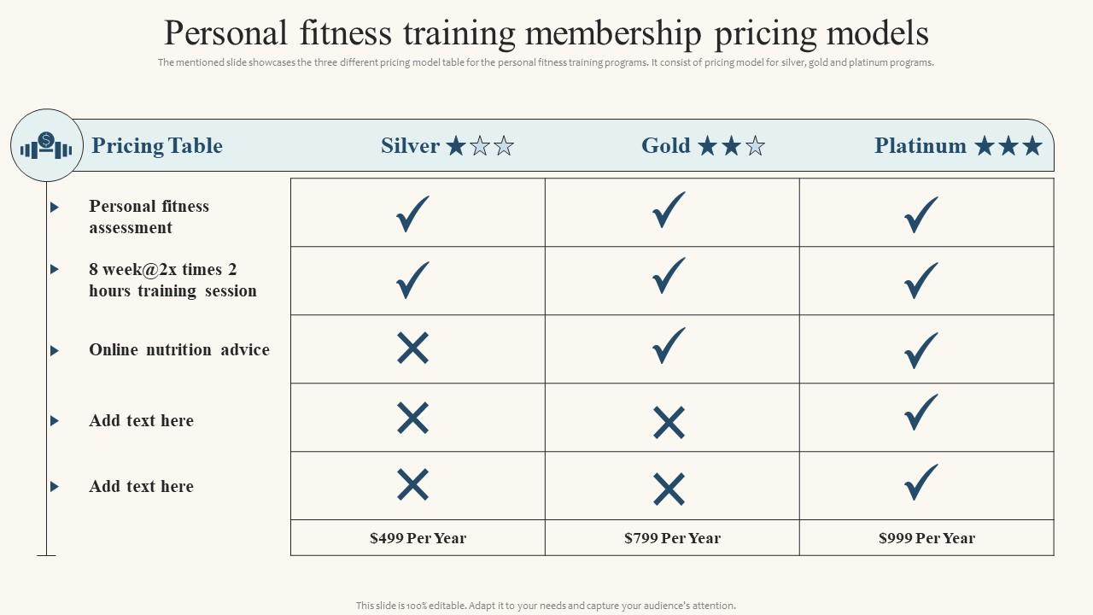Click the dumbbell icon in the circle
tap(47, 146)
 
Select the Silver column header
tap(410, 146)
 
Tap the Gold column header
tap(666, 146)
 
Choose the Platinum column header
tap(921, 146)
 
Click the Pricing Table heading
tap(157, 146)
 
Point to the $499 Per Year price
tap(418, 538)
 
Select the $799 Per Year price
tap(672, 538)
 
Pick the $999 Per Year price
tap(926, 538)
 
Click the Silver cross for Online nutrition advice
tap(412, 348)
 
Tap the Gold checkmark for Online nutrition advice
tap(669, 346)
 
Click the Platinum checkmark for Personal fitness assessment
tap(921, 214)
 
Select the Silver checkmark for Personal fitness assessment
tap(412, 214)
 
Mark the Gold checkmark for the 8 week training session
tap(669, 276)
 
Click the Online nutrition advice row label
tap(179, 350)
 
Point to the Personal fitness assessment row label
tap(149, 217)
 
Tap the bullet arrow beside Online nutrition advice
tap(55, 350)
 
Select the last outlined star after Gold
tap(755, 147)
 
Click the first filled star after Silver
tap(456, 146)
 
